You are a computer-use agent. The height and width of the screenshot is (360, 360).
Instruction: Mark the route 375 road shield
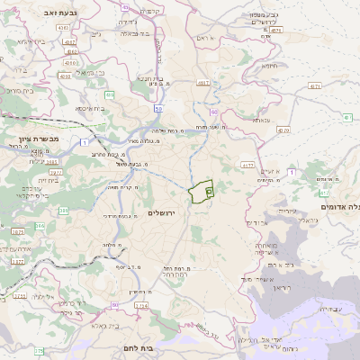(39, 350)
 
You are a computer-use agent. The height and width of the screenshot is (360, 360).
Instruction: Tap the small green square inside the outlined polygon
(209, 191)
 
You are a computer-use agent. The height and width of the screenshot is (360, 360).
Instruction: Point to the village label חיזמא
(270, 66)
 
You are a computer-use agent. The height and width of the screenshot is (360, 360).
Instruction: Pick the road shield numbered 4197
(203, 83)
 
